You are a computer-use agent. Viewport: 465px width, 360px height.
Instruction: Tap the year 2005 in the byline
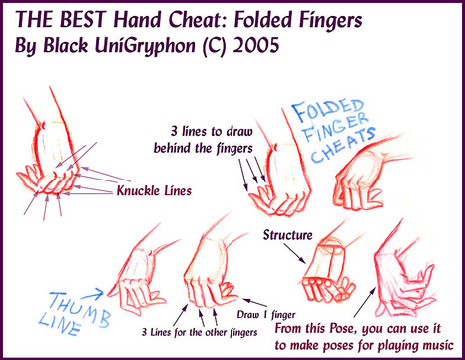pyautogui.click(x=255, y=45)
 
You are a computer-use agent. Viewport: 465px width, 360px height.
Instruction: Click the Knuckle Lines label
pyautogui.click(x=154, y=191)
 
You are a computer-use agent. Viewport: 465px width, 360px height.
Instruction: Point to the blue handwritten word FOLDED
pyautogui.click(x=328, y=110)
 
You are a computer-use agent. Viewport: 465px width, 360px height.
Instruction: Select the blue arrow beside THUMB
pyautogui.click(x=92, y=294)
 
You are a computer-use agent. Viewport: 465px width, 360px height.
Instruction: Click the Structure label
pyautogui.click(x=288, y=235)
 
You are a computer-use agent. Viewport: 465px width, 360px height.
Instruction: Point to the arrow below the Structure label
pyautogui.click(x=295, y=253)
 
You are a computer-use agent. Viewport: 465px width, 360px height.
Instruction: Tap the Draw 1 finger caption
pyautogui.click(x=266, y=314)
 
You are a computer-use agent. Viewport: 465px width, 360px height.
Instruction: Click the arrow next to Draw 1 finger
pyautogui.click(x=255, y=303)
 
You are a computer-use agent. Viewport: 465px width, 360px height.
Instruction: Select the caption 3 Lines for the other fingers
pyautogui.click(x=200, y=332)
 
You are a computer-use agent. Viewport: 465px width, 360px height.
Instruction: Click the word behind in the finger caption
pyautogui.click(x=173, y=148)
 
